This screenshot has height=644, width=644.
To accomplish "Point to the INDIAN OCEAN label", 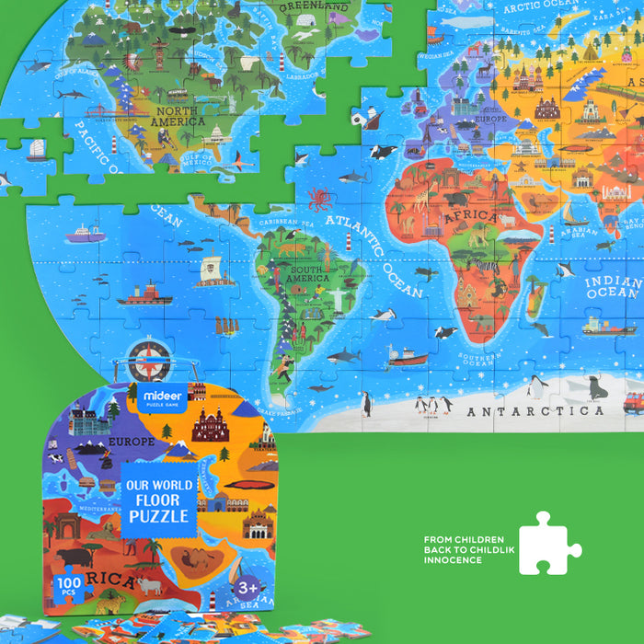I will tap(613, 287).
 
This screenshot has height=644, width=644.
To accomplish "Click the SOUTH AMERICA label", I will tap(307, 273).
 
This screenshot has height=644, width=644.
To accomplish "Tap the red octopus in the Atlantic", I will tap(319, 199).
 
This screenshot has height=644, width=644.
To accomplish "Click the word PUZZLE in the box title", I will tap(158, 516).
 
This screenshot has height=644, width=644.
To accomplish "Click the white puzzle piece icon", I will tap(548, 544).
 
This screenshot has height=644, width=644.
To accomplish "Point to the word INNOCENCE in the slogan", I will tap(453, 560).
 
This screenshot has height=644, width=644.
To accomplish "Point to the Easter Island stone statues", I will tap(225, 326).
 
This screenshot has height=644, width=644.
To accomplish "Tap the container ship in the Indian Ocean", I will tap(608, 327).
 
